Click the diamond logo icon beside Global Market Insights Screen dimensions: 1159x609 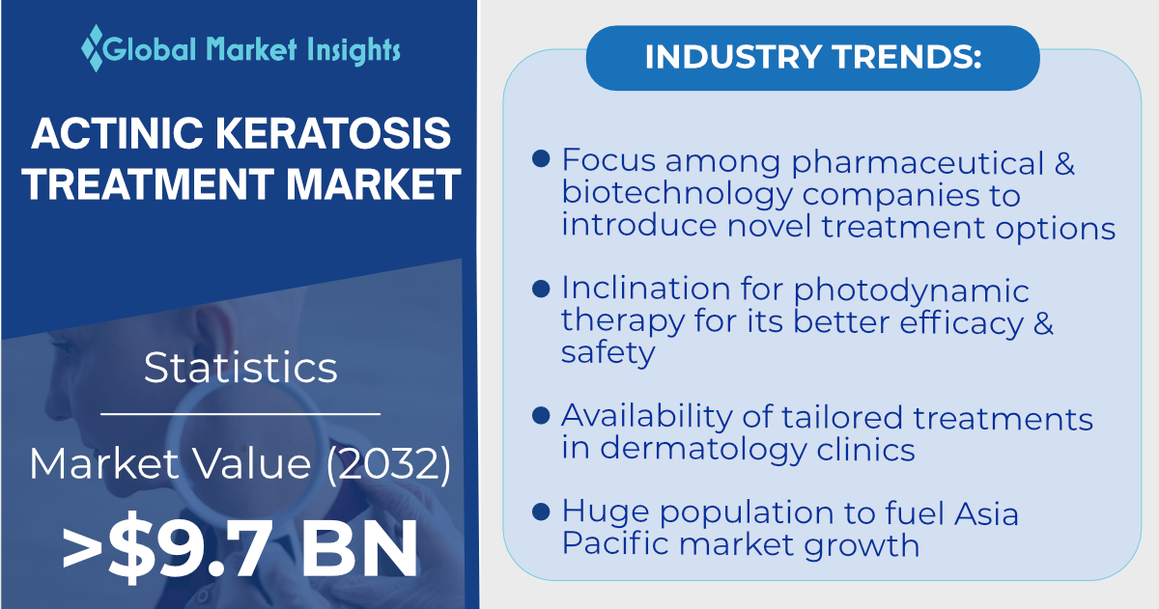93,47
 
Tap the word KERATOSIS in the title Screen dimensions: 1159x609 333,133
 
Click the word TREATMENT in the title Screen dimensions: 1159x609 148,183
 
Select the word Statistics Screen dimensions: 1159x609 240,367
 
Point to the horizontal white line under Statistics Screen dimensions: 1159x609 240,414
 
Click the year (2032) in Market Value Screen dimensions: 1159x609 388,463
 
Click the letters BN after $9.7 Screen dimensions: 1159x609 359,548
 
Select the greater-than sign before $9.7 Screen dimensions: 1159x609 83,548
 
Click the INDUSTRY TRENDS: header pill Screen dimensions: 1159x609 813,57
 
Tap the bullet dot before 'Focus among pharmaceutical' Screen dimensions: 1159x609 541,158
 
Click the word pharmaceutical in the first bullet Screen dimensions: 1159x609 918,163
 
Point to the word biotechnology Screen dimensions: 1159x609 677,195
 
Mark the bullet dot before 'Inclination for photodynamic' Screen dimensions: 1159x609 541,289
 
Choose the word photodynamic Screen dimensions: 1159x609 911,291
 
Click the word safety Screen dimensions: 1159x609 608,353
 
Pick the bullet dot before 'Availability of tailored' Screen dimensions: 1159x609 541,416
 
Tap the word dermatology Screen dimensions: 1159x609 703,449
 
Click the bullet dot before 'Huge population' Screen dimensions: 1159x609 541,512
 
